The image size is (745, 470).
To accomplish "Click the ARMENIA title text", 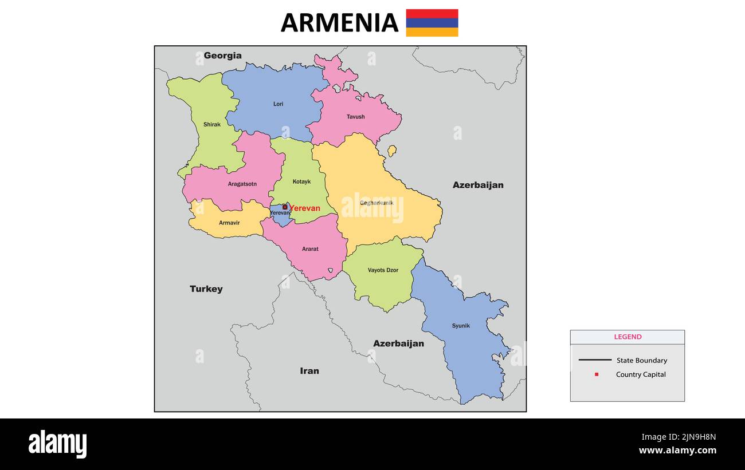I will pyautogui.click(x=339, y=23).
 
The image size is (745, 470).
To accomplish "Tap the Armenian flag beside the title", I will pyautogui.click(x=432, y=23).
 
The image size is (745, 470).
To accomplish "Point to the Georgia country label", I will pyautogui.click(x=222, y=56).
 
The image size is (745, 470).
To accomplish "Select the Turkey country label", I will pyautogui.click(x=206, y=289).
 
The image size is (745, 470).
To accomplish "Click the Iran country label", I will pyautogui.click(x=309, y=371).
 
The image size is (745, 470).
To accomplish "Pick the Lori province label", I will pyautogui.click(x=278, y=104).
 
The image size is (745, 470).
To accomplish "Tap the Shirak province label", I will pyautogui.click(x=211, y=124).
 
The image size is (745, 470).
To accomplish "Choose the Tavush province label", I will pyautogui.click(x=355, y=117).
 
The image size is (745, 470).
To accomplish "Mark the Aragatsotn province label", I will pyautogui.click(x=242, y=184).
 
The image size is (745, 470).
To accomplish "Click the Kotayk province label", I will pyautogui.click(x=301, y=181).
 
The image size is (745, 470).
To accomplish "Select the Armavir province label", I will pyautogui.click(x=229, y=223).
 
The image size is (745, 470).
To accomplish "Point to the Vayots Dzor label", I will pyautogui.click(x=383, y=270).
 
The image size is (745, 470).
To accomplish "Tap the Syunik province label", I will pyautogui.click(x=460, y=326).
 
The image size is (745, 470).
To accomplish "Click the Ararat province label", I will pyautogui.click(x=310, y=249).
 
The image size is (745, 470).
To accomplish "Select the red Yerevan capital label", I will pyautogui.click(x=305, y=208).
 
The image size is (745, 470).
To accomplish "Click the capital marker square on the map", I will pyautogui.click(x=285, y=207).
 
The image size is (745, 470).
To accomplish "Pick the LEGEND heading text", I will pyautogui.click(x=628, y=337).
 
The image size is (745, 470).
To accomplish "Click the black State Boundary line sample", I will pyautogui.click(x=594, y=360).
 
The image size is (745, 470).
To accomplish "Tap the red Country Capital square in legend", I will pyautogui.click(x=596, y=374).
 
